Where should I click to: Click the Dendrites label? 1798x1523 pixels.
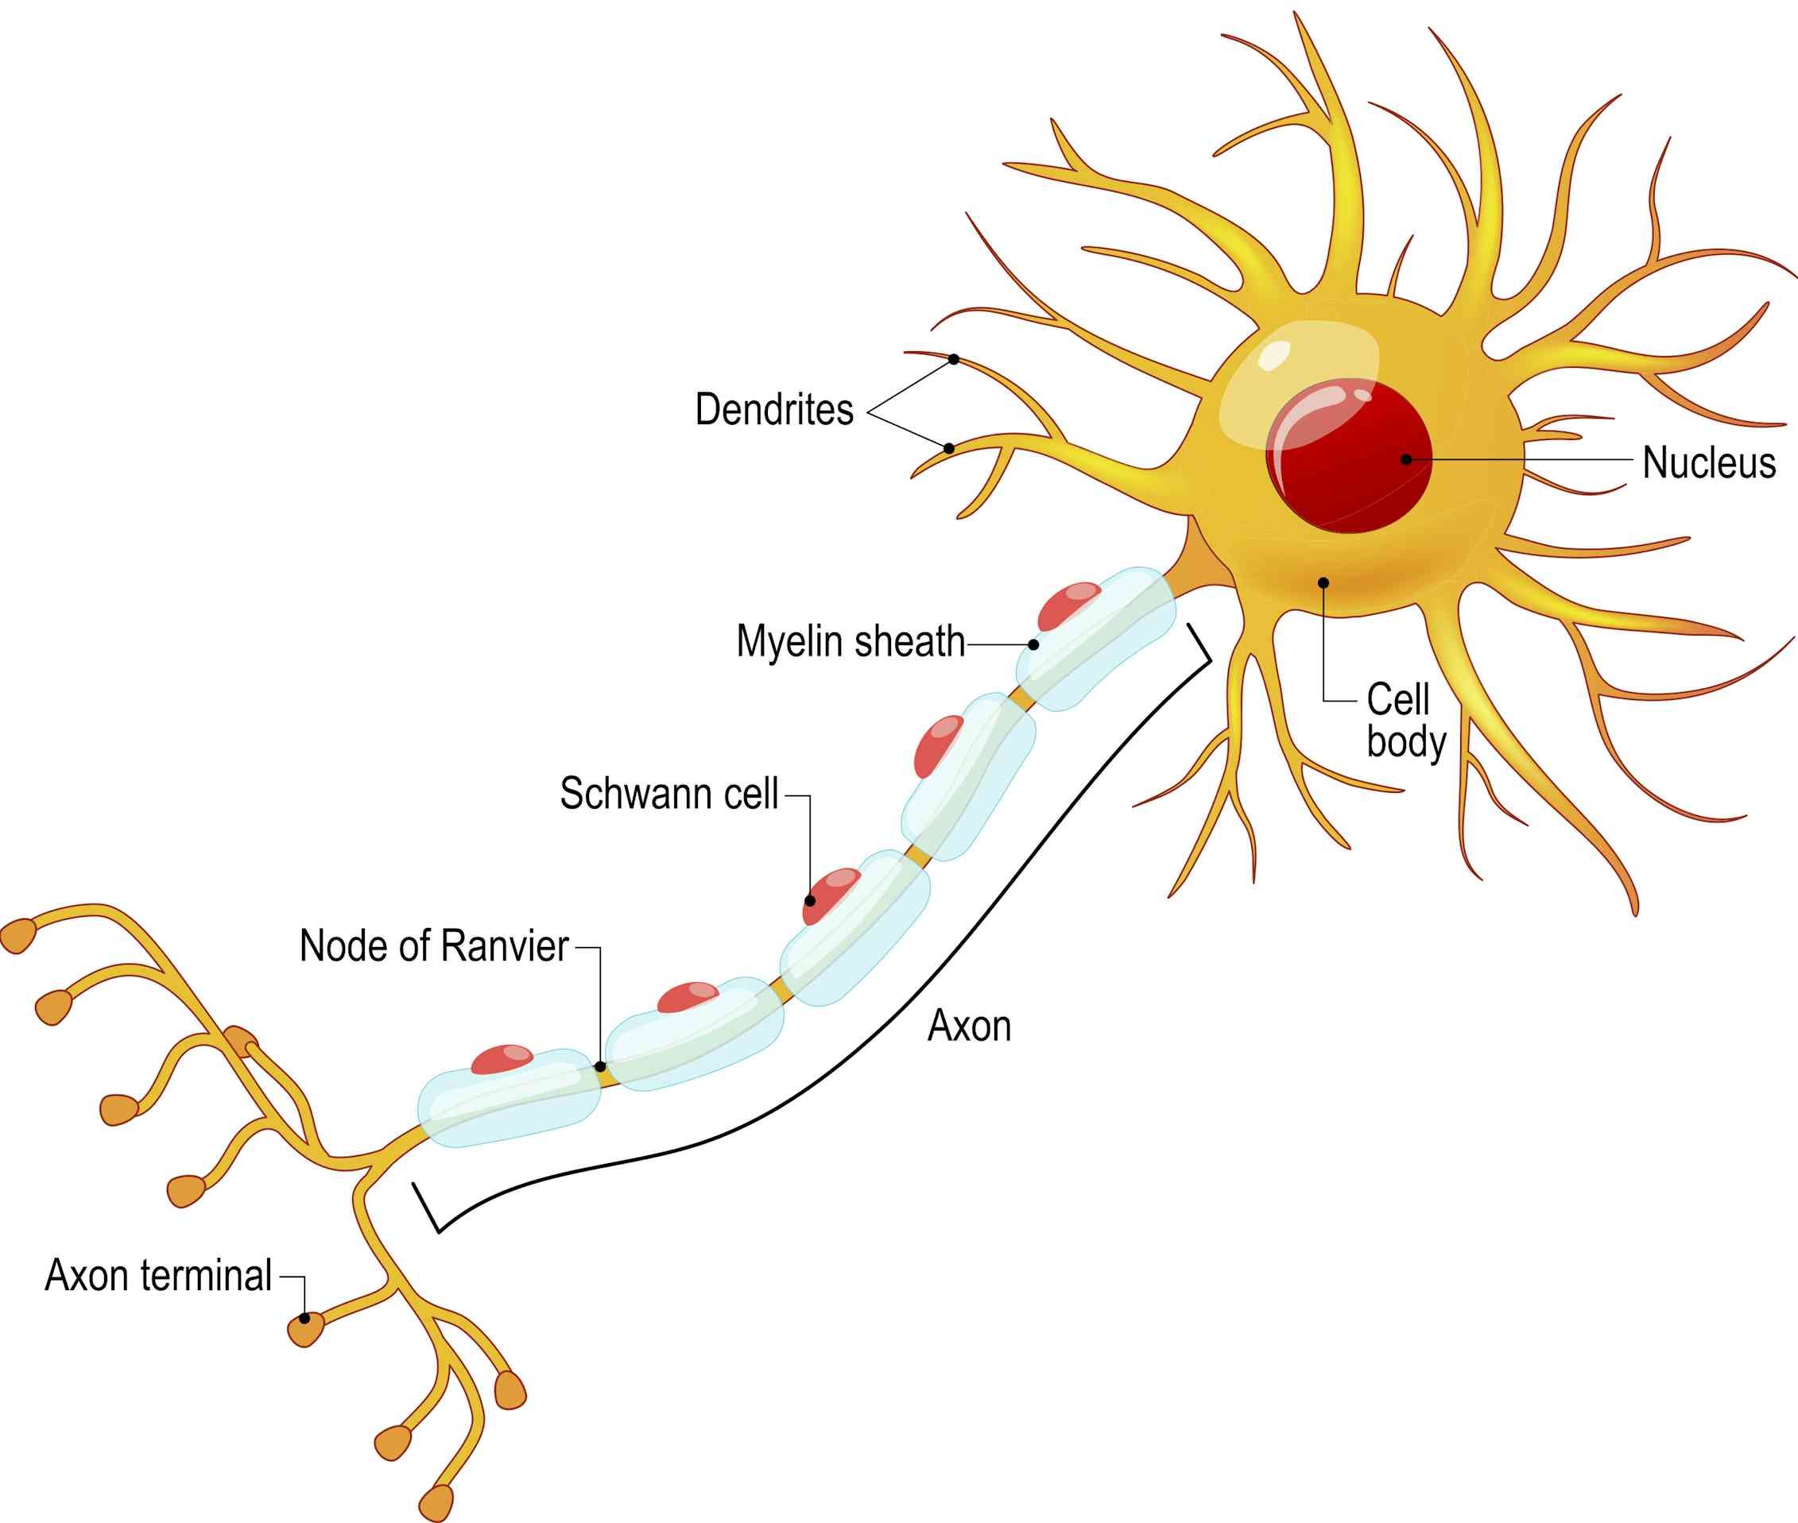click(x=773, y=409)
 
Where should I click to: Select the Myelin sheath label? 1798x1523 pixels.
click(x=850, y=641)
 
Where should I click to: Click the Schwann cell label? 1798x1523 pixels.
click(x=669, y=794)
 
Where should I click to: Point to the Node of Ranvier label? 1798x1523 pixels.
click(x=433, y=946)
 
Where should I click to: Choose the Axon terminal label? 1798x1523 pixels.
click(x=158, y=1275)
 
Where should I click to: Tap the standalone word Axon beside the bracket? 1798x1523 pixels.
click(x=969, y=1026)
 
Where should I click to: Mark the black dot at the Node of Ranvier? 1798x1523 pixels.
click(x=600, y=1067)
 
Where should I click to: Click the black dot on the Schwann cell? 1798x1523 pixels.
click(x=810, y=900)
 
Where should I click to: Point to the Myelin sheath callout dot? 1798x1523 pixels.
click(x=1033, y=644)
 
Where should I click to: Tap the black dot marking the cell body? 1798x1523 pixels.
click(x=1323, y=583)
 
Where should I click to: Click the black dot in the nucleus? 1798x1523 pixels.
click(x=1406, y=459)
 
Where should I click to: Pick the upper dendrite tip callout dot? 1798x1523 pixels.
click(x=953, y=359)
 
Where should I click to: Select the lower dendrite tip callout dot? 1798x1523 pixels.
click(x=948, y=448)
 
